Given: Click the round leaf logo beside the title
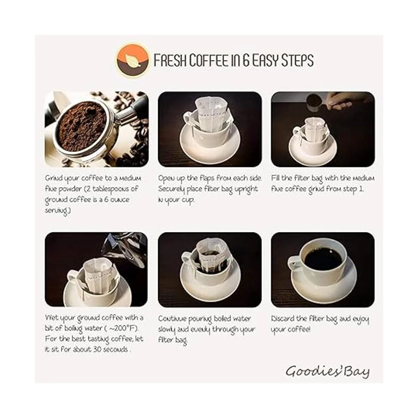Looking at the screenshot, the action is (x=132, y=60).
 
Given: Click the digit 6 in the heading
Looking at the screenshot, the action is (x=246, y=60).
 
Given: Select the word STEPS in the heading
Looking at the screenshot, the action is (x=297, y=60).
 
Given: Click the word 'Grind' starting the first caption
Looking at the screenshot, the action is (x=51, y=179).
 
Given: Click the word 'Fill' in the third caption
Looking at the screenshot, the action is (x=276, y=178).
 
